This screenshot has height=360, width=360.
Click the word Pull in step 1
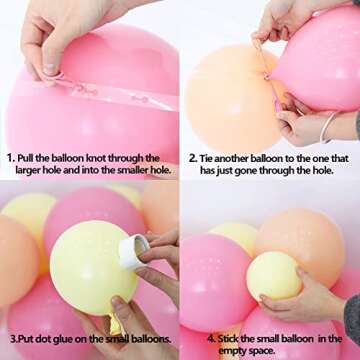pos(29,158)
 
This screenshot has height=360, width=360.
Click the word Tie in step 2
pos(210,158)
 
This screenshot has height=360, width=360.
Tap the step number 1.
pos(9,158)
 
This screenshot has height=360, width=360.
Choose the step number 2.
pos(192,158)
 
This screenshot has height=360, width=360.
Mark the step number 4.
pos(192,339)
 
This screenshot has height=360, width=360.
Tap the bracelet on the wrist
pos(329,127)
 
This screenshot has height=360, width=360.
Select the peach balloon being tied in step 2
pos(224,95)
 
